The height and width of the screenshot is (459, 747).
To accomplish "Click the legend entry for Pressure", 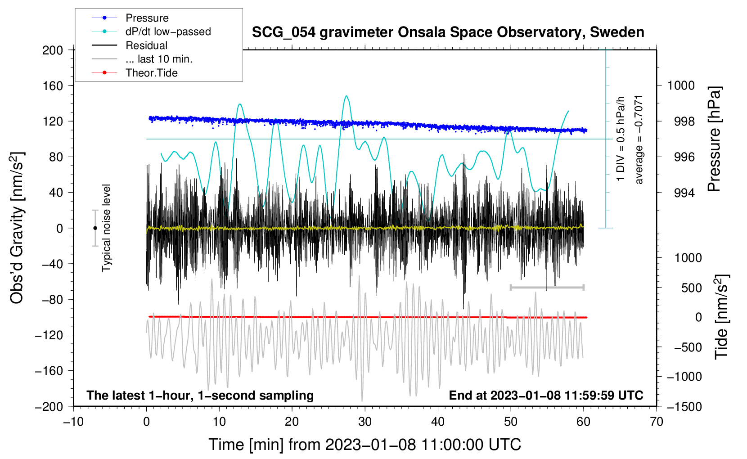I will click(147, 18).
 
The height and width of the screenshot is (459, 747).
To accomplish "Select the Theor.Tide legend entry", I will click(151, 73).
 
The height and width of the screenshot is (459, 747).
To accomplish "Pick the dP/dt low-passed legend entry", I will click(168, 31).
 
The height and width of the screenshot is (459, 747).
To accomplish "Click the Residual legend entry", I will click(146, 45).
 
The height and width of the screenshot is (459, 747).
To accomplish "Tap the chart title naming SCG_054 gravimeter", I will click(448, 32).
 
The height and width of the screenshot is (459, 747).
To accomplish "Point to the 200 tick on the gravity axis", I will click(53, 50).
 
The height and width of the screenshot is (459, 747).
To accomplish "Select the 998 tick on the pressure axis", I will click(681, 121).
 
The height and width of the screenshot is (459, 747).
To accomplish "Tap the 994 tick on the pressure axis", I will click(681, 193).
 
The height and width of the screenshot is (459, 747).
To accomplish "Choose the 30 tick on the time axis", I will click(365, 422).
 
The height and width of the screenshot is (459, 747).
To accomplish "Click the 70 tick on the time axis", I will click(657, 422).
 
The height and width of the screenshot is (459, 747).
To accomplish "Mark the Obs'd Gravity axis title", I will click(17, 228).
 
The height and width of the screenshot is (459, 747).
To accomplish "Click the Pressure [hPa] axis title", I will click(715, 139).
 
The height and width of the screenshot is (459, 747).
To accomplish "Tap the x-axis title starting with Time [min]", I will click(364, 445).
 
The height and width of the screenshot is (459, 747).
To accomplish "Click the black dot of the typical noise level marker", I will click(95, 228).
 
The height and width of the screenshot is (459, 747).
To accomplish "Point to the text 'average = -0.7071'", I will click(639, 139).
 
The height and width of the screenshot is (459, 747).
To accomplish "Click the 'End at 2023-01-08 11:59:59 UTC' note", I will click(546, 395).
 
